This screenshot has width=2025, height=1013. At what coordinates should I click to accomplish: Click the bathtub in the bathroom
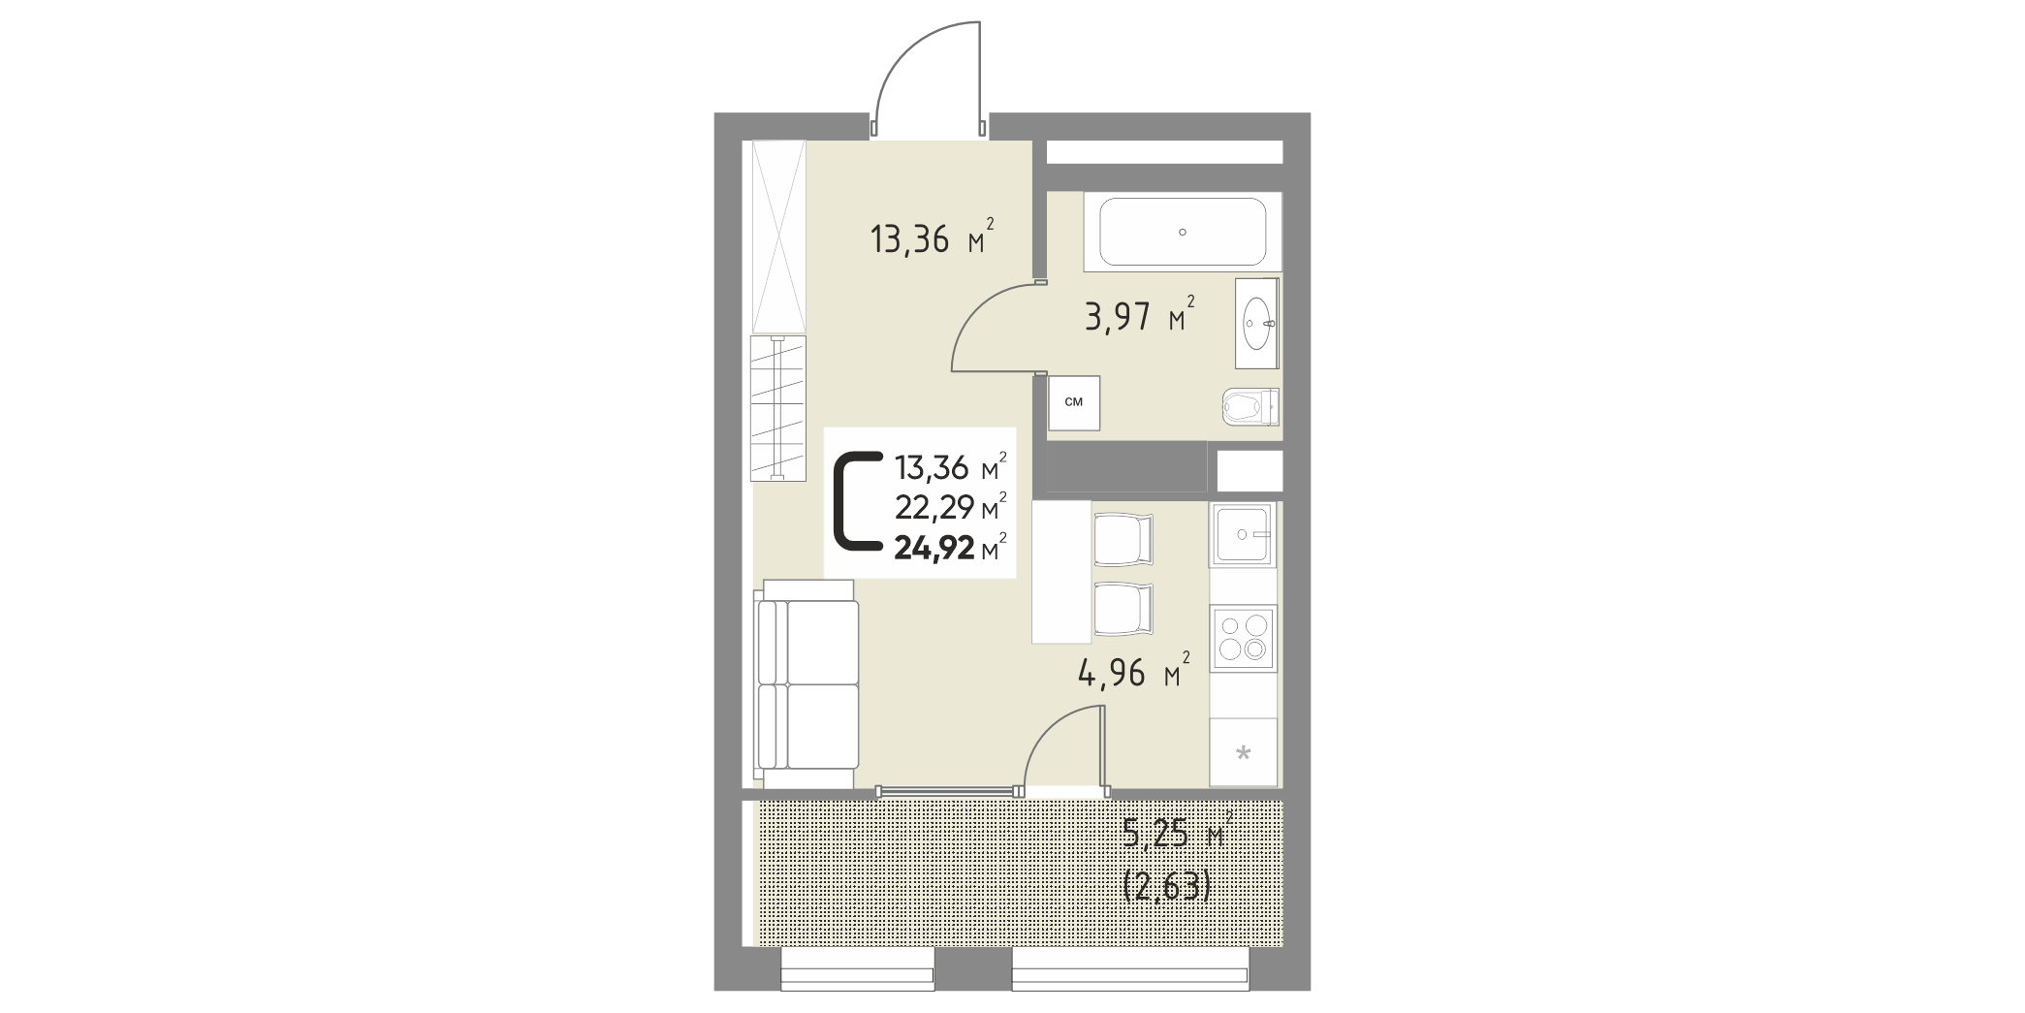point(1182,233)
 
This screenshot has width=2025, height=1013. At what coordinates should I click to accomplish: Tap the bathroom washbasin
point(1257,323)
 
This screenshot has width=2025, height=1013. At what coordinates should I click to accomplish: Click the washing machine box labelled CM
point(1074,402)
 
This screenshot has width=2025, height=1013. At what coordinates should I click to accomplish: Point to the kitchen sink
point(1241,535)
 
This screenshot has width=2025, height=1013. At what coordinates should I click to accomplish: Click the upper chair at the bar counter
point(1123,539)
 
